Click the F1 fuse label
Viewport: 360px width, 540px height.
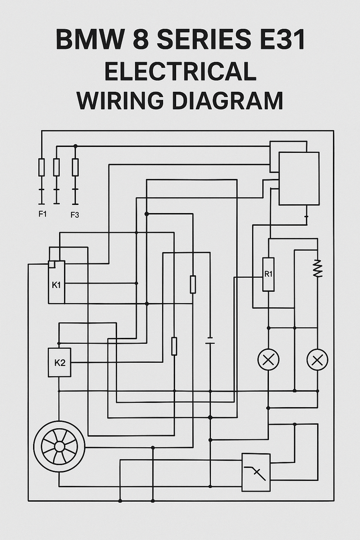pos(42,214)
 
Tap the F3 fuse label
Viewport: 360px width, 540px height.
pos(75,214)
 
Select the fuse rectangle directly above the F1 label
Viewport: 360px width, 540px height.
pos(42,167)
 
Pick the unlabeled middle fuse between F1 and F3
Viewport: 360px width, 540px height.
pos(56,167)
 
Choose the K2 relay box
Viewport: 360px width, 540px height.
pos(60,363)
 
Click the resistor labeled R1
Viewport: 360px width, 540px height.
pos(268,274)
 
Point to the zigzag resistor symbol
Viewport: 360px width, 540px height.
pos(317,268)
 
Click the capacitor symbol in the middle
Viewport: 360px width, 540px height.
pos(210,341)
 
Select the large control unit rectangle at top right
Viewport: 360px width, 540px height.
pos(299,178)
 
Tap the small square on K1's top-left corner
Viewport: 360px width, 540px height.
pos(52,264)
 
